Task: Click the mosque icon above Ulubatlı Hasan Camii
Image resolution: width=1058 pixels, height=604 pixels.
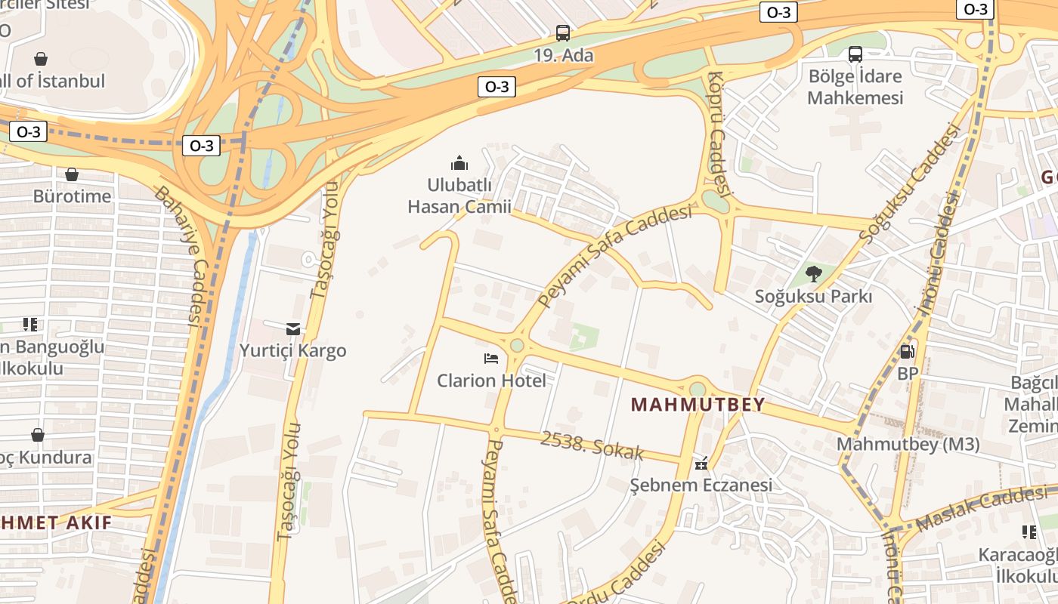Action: [459, 163]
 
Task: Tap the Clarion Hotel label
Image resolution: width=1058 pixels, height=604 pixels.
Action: [491, 381]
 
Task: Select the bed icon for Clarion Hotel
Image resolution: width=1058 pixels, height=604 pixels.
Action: [491, 359]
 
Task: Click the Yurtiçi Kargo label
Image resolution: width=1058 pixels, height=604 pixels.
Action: [292, 350]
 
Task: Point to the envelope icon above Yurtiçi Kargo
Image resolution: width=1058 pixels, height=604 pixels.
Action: [293, 328]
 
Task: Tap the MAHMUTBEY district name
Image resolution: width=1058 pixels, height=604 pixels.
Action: [698, 405]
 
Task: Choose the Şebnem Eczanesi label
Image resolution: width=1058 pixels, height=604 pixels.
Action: [701, 485]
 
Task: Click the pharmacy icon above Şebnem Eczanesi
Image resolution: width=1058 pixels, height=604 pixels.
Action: [701, 463]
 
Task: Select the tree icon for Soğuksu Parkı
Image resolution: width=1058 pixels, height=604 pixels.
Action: [813, 274]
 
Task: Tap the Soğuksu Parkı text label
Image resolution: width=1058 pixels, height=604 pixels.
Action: [813, 297]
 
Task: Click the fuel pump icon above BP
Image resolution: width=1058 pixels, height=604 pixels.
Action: [907, 351]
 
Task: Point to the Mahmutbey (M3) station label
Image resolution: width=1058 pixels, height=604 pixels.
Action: [908, 445]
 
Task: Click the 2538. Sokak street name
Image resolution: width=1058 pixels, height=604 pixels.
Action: [591, 445]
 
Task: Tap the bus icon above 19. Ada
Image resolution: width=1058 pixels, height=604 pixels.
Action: [563, 33]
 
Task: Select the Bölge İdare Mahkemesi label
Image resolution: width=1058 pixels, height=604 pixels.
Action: [855, 87]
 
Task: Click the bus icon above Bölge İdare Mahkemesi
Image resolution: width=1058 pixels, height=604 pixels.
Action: [855, 54]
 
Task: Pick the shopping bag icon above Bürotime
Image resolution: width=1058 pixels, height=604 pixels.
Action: [72, 175]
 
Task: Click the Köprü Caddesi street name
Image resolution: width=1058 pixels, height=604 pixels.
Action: [719, 132]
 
